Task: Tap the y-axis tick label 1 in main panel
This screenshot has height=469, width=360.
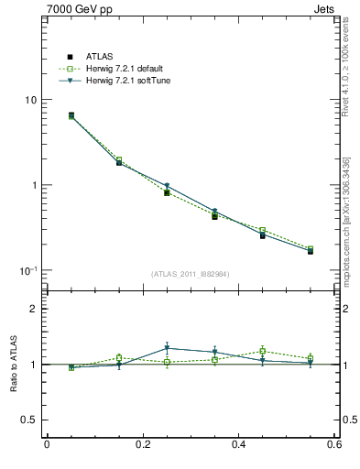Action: [33, 185]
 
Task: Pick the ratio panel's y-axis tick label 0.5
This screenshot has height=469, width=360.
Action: [29, 420]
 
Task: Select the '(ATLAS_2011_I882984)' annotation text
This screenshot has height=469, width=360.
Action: [190, 274]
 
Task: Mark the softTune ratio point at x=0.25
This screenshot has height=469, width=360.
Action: [167, 348]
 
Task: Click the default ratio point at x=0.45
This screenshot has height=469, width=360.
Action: [262, 351]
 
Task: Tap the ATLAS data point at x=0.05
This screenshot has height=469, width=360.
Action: [71, 115]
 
